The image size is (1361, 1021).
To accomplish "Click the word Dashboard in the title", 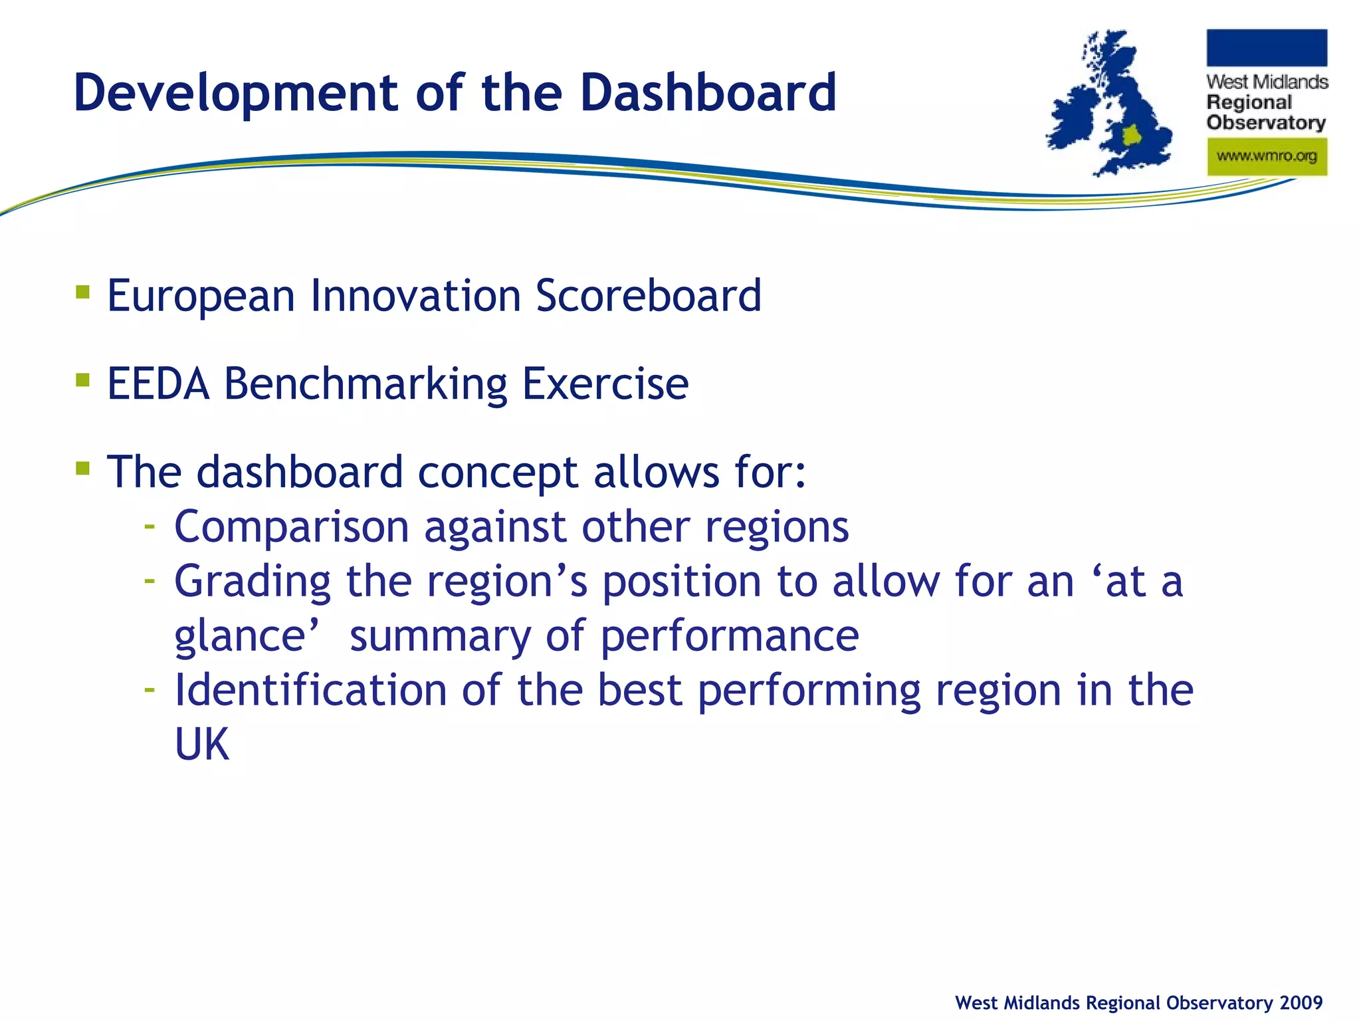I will click(x=708, y=93).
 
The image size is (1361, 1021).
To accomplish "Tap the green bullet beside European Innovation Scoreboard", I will click(x=82, y=292).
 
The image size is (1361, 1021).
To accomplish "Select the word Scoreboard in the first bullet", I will click(x=648, y=296).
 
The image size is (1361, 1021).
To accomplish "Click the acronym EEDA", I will click(x=158, y=384).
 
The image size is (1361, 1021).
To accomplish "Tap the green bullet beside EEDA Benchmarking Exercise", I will click(x=82, y=380).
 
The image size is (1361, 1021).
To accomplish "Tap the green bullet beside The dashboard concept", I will click(x=82, y=469).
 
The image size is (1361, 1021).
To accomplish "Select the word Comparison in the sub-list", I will click(x=291, y=527).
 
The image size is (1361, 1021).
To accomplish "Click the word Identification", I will click(x=310, y=691).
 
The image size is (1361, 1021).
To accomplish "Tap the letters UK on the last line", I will click(x=201, y=744).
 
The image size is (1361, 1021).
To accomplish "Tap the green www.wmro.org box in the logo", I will click(x=1267, y=157).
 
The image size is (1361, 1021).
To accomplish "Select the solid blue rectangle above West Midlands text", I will click(x=1267, y=48).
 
